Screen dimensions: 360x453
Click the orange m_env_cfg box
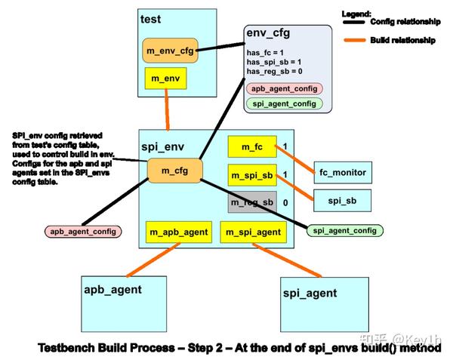pyautogui.click(x=168, y=51)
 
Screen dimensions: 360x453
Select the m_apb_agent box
pyautogui.click(x=178, y=232)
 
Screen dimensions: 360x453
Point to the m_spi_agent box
pyautogui.click(x=252, y=232)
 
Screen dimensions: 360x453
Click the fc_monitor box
pyautogui.click(x=342, y=173)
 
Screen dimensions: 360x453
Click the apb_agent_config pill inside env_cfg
pyautogui.click(x=284, y=88)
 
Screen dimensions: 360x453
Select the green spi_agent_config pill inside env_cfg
pyautogui.click(x=284, y=103)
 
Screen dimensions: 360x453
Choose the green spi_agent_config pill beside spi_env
pyautogui.click(x=346, y=230)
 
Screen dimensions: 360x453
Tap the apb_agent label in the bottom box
pyautogui.click(x=113, y=288)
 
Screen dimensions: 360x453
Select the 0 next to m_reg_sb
pyautogui.click(x=285, y=203)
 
